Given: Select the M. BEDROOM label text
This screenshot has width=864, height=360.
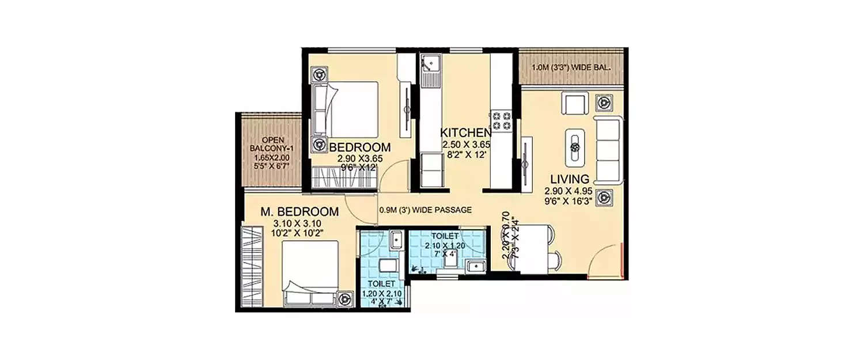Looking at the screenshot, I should point(291,212).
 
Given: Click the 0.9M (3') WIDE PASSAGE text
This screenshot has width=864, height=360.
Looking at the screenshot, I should point(426,210).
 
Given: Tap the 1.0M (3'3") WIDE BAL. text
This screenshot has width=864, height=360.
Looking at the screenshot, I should point(572,67).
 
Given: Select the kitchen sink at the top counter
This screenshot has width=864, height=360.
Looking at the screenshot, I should point(430,66).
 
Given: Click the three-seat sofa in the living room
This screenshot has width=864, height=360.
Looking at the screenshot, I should point(608,149).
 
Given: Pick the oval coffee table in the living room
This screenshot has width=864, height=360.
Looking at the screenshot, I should point(574,147).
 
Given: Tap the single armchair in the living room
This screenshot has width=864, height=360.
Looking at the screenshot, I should point(575,104).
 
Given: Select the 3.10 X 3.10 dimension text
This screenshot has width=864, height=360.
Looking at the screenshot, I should point(291,223).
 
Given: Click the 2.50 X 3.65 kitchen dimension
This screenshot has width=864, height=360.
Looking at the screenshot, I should point(465,145).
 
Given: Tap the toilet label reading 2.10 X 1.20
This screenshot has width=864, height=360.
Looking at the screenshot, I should point(441,245).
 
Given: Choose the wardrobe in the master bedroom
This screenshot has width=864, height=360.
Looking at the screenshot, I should point(252,267).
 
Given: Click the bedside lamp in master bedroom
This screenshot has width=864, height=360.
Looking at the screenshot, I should point(345,298).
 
